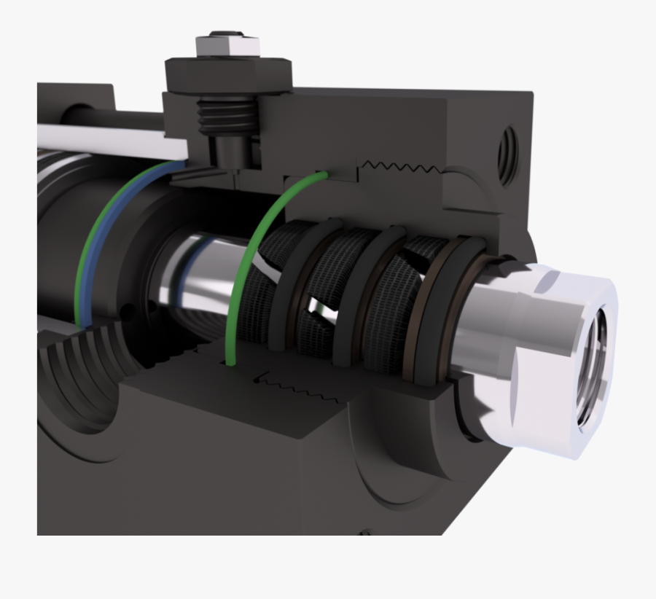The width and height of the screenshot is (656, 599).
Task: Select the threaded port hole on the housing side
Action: click(x=507, y=154)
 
